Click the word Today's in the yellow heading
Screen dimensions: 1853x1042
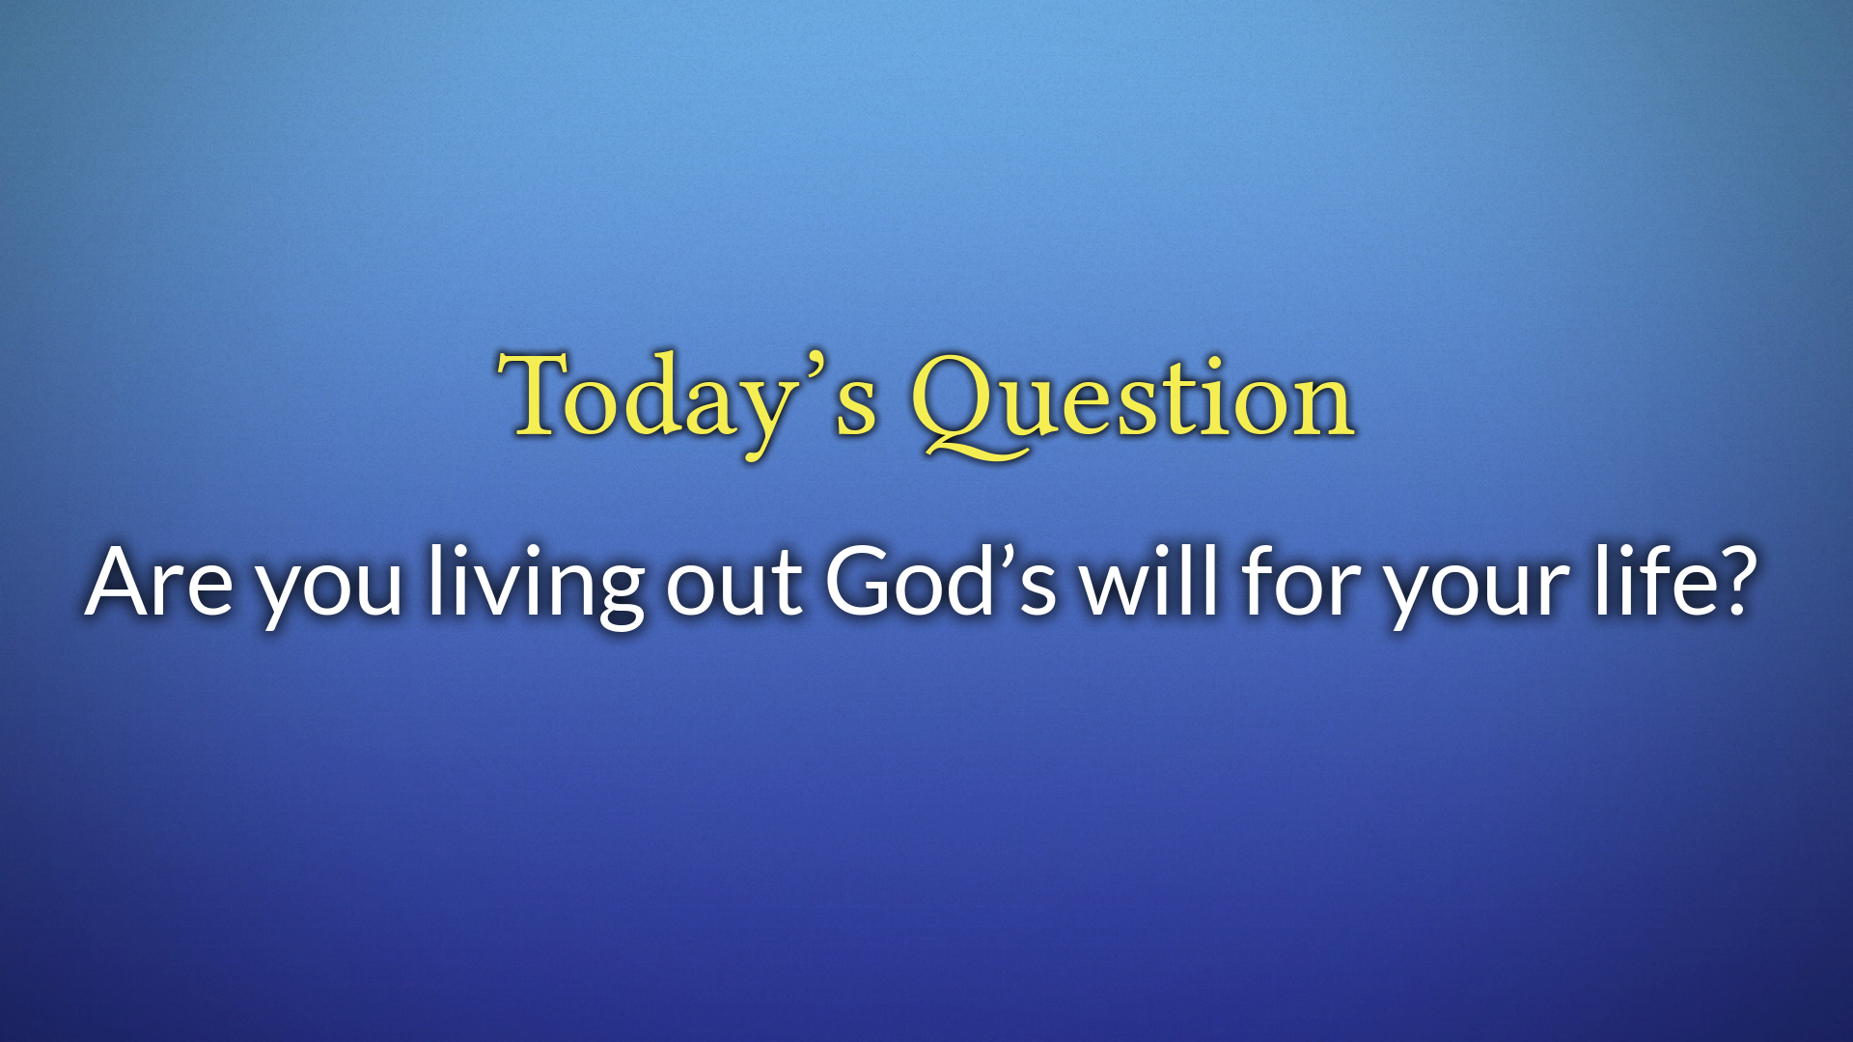(687, 403)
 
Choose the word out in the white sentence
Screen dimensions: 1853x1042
(733, 584)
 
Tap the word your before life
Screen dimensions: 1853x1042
(1478, 589)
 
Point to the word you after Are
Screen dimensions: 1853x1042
(329, 590)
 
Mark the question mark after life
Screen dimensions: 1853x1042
(1729, 581)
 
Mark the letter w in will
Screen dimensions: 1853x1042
(1119, 589)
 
